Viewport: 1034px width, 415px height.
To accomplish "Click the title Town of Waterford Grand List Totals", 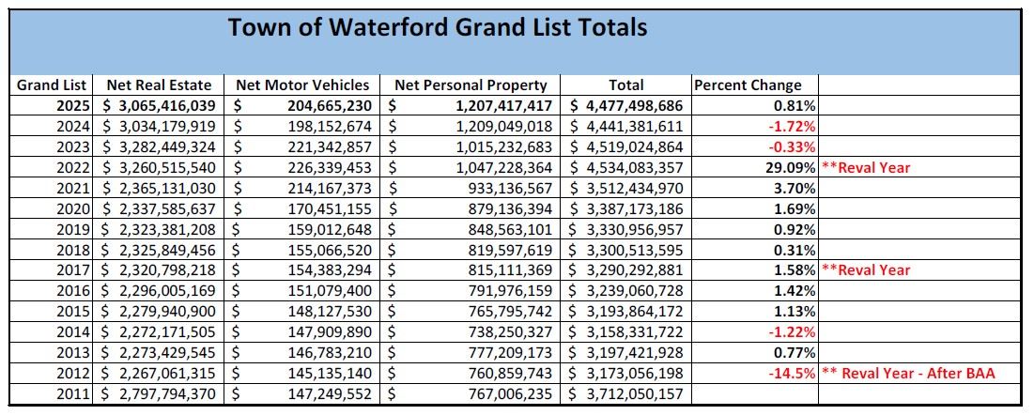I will click(437, 27).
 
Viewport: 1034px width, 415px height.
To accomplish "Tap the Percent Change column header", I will click(748, 85).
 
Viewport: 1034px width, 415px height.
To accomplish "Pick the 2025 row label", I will click(71, 106).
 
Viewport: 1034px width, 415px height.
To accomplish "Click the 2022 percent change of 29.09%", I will click(791, 168).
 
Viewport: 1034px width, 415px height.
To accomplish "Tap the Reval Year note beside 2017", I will click(866, 270).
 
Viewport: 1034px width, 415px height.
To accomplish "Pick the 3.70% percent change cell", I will click(795, 189).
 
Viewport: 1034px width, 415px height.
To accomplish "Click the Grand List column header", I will click(52, 85).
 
